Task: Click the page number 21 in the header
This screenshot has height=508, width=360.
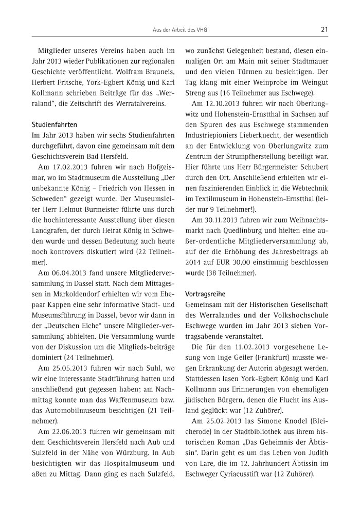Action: pos(324,29)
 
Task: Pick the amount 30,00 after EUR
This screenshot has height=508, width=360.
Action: pos(248,267)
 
